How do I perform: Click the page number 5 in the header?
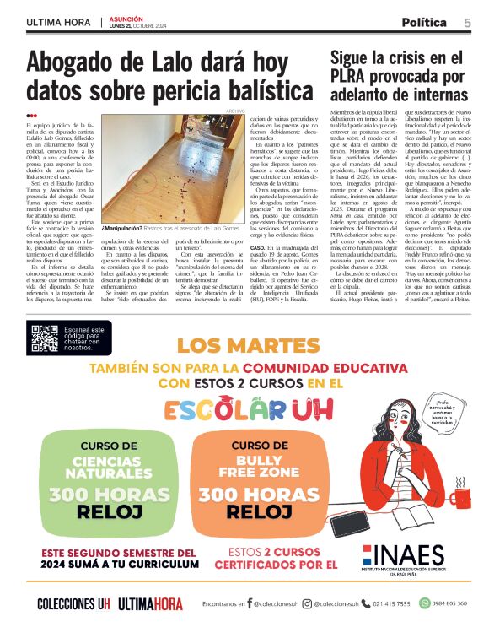tap(467, 21)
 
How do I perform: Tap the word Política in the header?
tap(424, 21)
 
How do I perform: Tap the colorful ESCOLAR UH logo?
tap(239, 410)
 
